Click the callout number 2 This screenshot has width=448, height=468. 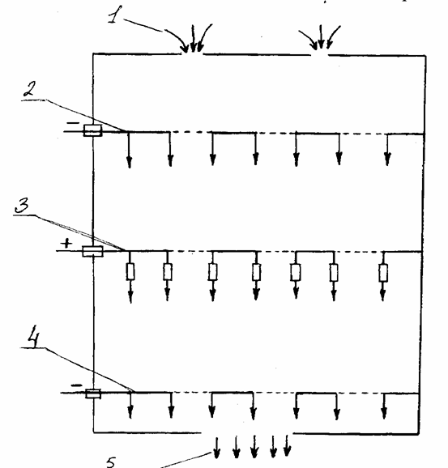pyautogui.click(x=30, y=89)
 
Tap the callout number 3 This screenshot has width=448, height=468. pyautogui.click(x=22, y=205)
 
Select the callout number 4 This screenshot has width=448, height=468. pyautogui.click(x=33, y=339)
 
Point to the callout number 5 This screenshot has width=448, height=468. pyautogui.click(x=111, y=462)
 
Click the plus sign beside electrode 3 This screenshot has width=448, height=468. pyautogui.click(x=66, y=243)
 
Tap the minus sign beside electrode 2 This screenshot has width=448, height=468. pyautogui.click(x=73, y=123)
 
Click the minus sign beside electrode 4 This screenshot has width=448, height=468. pyautogui.click(x=77, y=385)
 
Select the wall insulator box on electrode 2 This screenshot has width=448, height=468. pyautogui.click(x=92, y=130)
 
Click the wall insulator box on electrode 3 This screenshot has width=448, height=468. pyautogui.click(x=92, y=251)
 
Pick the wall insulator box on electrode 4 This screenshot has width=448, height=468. pyautogui.click(x=93, y=394)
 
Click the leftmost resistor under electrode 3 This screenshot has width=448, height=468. pyautogui.click(x=130, y=271)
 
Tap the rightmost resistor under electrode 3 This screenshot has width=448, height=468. pyautogui.click(x=383, y=273)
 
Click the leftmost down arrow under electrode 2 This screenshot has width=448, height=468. pyautogui.click(x=129, y=150)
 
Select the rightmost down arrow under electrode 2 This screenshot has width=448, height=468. pyautogui.click(x=387, y=150)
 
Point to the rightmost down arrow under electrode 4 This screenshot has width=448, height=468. pyautogui.click(x=384, y=406)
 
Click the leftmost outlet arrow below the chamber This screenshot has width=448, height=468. pyautogui.click(x=217, y=448)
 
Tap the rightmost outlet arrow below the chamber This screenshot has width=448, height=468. pyautogui.click(x=287, y=445)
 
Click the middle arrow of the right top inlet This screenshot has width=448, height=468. pyautogui.click(x=321, y=36)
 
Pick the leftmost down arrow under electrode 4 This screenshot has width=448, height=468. pyautogui.click(x=130, y=406)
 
